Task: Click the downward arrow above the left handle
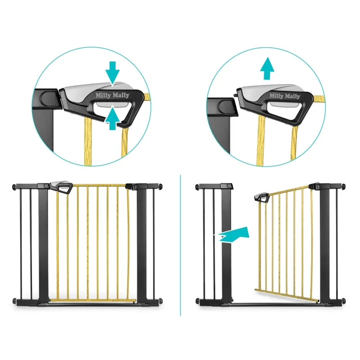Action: (112, 73)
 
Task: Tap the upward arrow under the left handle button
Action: (112, 118)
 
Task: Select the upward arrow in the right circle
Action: (267, 68)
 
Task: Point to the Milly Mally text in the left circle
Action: (112, 95)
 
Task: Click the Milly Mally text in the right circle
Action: (285, 96)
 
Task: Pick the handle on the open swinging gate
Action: (262, 198)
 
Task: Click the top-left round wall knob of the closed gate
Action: (14, 187)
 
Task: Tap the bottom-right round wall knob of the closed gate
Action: (161, 301)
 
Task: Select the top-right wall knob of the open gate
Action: (344, 186)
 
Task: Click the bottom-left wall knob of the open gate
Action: (198, 301)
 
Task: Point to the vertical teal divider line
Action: (180, 245)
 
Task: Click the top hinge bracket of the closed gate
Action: (131, 186)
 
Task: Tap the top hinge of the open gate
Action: (314, 186)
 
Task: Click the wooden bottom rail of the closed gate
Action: (93, 300)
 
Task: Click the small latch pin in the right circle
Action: (235, 95)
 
